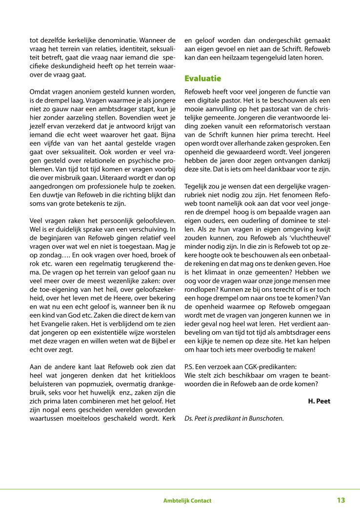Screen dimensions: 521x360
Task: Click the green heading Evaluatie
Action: [x=202, y=78]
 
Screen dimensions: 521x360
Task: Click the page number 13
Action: [x=340, y=500]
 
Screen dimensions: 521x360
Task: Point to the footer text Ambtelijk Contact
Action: [x=187, y=501]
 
